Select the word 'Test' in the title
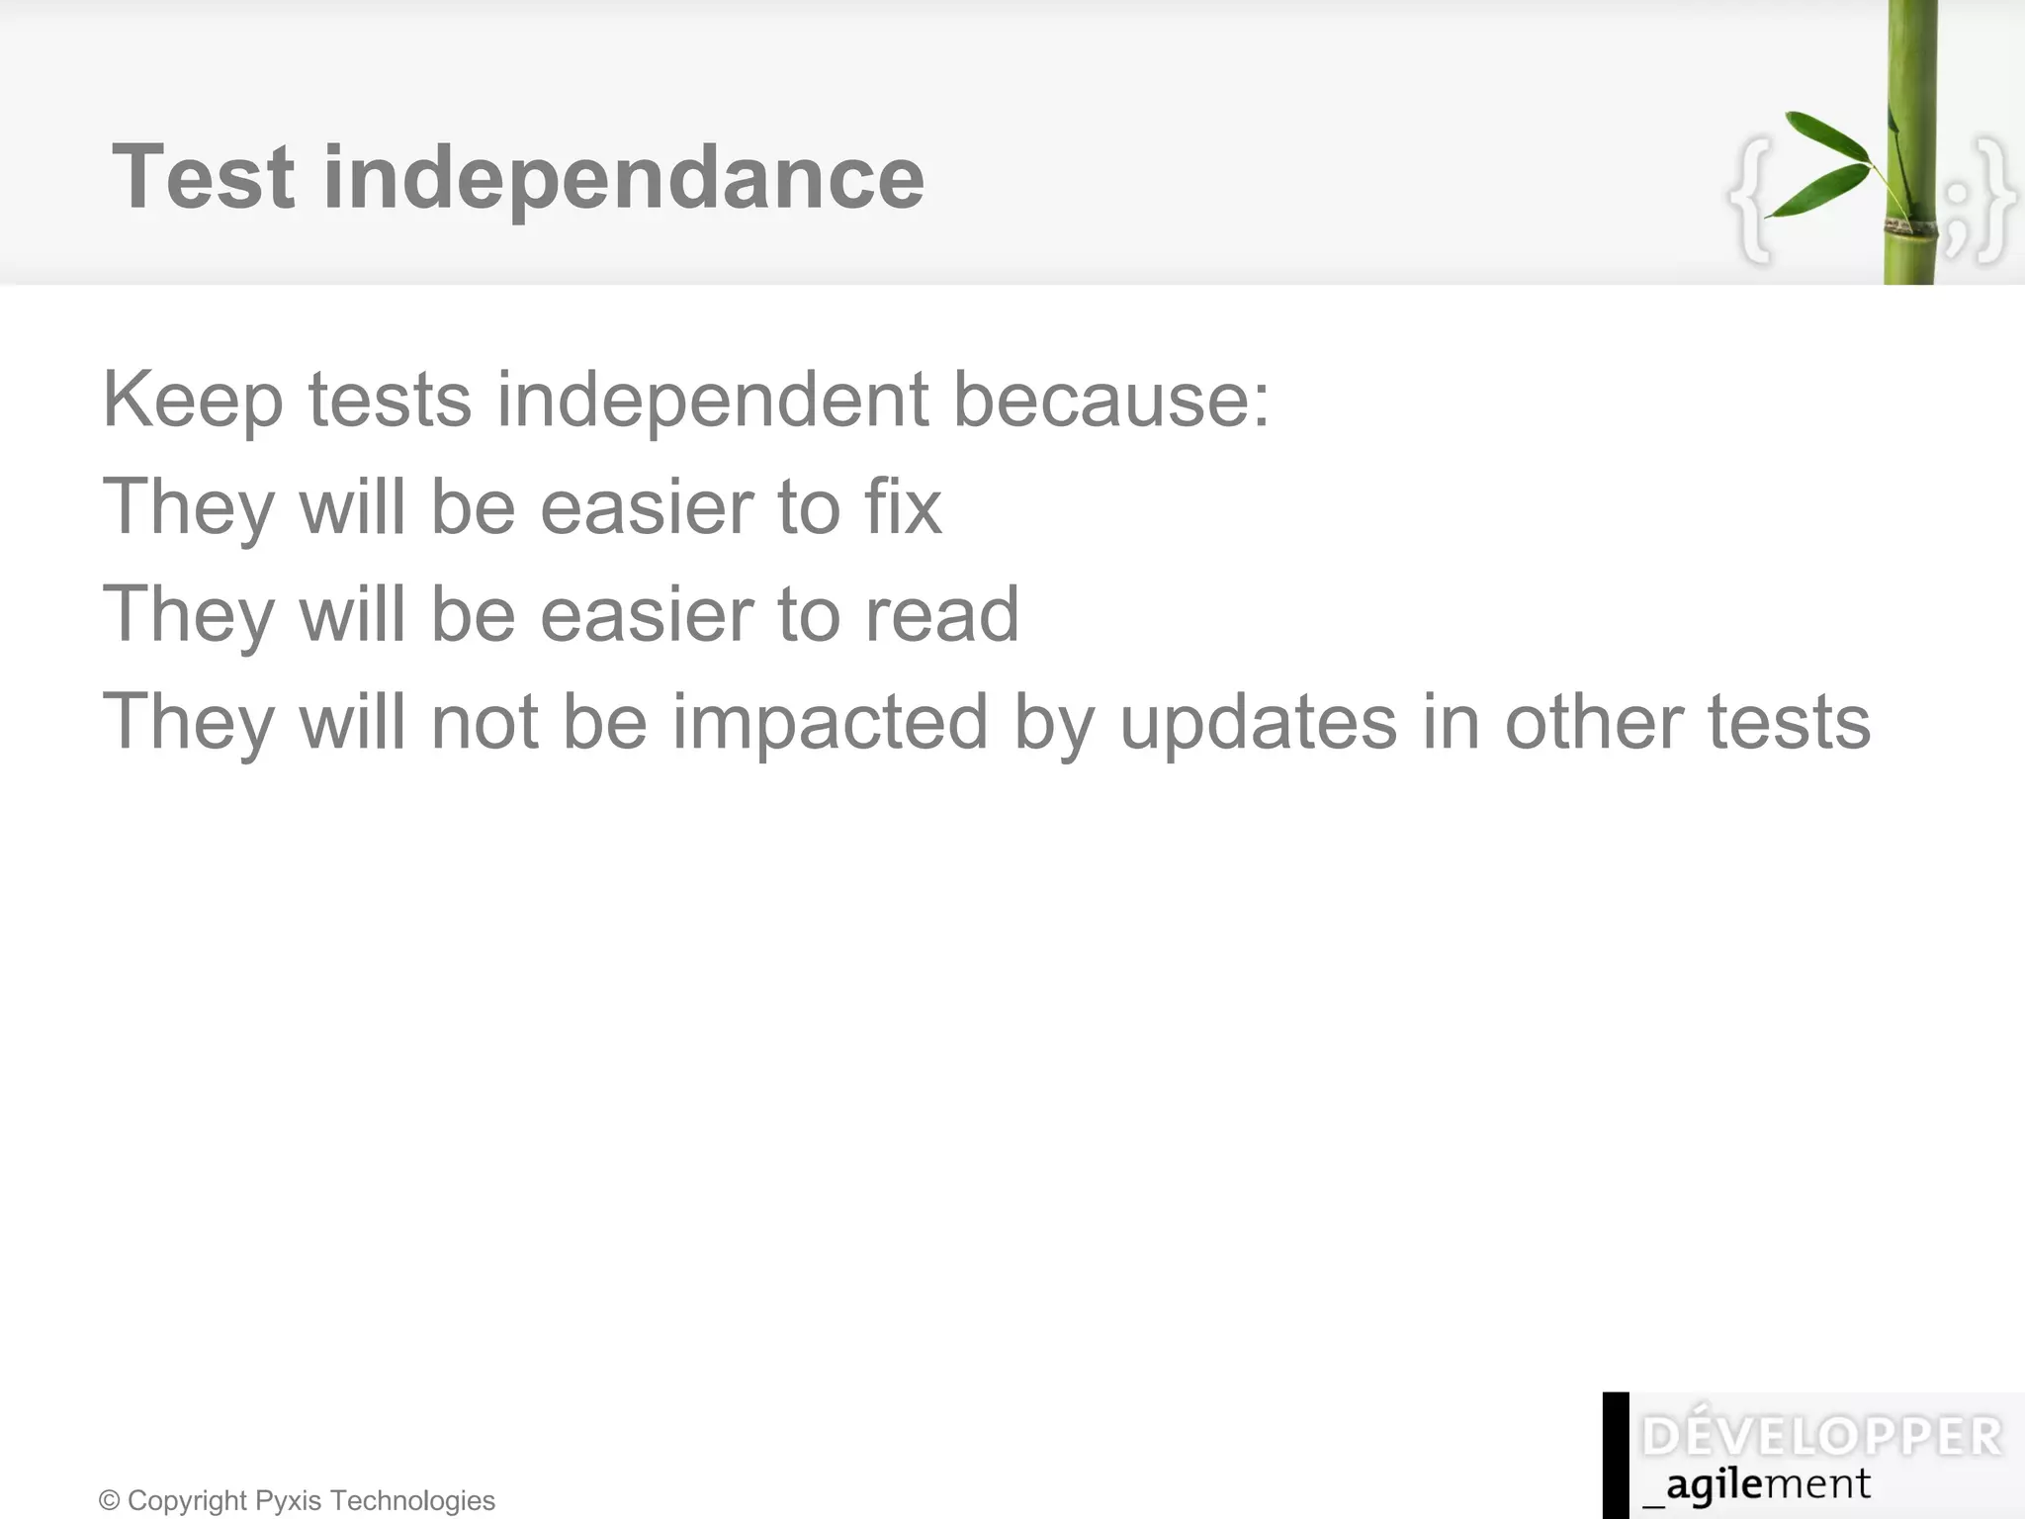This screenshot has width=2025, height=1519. click(x=204, y=178)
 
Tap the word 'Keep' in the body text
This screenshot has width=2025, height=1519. click(x=193, y=401)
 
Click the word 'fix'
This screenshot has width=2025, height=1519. click(x=903, y=506)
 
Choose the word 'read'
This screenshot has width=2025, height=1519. click(x=941, y=614)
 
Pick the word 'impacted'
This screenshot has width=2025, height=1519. click(x=831, y=722)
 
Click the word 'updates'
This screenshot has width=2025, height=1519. click(x=1258, y=722)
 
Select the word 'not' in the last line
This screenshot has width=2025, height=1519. click(x=484, y=722)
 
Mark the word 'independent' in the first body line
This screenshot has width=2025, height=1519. click(x=712, y=399)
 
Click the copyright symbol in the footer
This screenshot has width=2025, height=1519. click(x=110, y=1501)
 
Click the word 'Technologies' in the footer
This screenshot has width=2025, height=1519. click(x=412, y=1501)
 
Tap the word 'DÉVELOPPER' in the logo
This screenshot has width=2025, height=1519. click(x=1821, y=1437)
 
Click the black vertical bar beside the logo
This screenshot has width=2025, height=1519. click(x=1616, y=1455)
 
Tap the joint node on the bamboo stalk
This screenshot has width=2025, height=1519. click(x=1910, y=226)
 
